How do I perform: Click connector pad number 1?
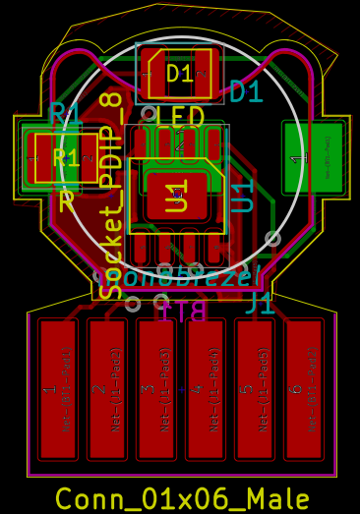(57, 389)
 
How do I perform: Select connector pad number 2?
(106, 389)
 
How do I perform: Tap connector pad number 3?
(155, 389)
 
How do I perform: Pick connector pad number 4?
(205, 389)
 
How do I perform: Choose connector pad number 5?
(254, 389)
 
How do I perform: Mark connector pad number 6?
(303, 389)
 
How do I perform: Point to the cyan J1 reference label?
(260, 303)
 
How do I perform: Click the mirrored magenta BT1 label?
(182, 313)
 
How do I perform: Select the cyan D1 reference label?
(246, 92)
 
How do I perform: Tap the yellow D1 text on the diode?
(180, 73)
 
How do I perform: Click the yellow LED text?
(180, 117)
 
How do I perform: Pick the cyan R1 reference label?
(65, 114)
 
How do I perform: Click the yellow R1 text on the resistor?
(65, 158)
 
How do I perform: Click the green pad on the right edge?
(312, 157)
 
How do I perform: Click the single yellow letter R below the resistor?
(67, 202)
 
